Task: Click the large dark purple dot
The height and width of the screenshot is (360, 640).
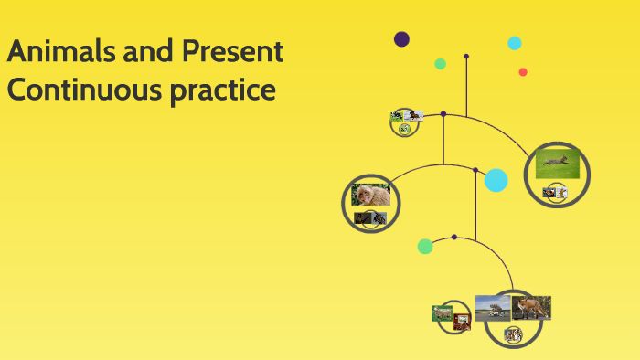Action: coord(401,38)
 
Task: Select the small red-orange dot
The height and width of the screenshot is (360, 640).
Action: coord(523,72)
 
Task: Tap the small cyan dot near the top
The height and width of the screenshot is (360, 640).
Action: coord(515,43)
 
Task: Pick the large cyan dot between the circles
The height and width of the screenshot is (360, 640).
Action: coord(496,180)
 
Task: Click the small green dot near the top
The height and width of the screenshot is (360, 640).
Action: coord(440,64)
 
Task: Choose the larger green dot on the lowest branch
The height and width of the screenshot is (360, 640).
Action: coord(425,246)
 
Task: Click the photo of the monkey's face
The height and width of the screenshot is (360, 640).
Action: coord(371,195)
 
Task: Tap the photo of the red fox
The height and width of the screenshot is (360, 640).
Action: coord(531,307)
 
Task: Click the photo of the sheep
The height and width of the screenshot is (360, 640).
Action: coord(443,312)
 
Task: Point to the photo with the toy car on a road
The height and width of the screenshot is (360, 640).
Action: coord(493,307)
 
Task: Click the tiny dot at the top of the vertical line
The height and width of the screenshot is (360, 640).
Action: coord(466,56)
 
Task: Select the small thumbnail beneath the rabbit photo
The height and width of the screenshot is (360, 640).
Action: coord(554,192)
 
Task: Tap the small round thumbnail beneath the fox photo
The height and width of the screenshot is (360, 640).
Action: coord(514,334)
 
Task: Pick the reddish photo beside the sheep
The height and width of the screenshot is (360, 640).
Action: coord(462,320)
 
